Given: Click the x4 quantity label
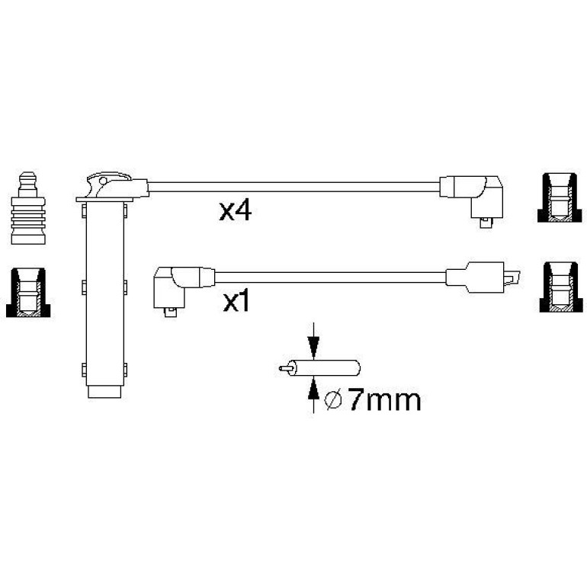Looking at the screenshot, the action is coord(235,210).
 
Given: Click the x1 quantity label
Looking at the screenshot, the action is coord(236,302).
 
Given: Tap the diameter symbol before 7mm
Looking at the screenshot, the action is coord(333,400).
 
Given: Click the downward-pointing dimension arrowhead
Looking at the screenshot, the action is coord(313,348).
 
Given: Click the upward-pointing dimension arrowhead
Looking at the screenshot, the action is coord(313,389).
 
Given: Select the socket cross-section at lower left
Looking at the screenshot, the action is coord(28,293).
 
